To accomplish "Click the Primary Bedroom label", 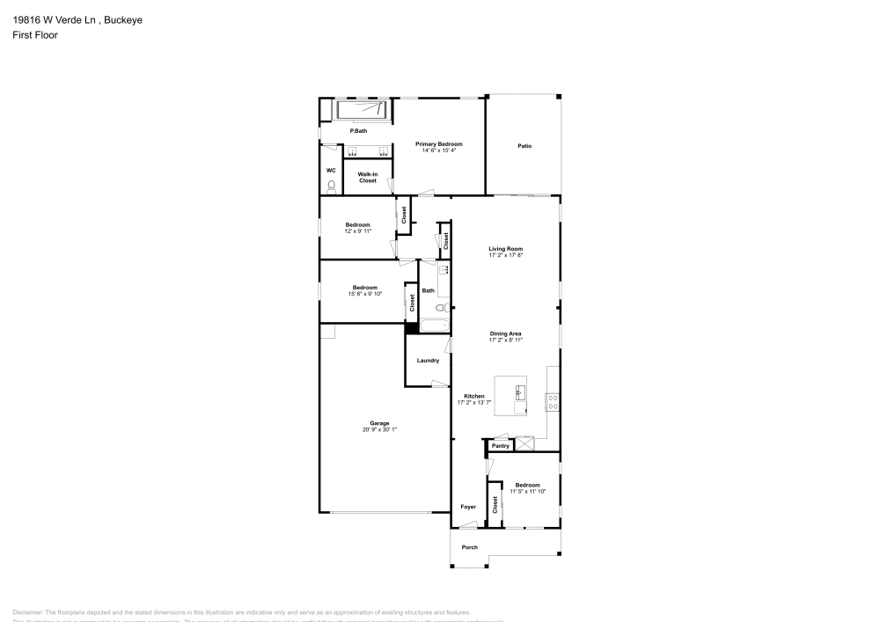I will tap(439, 143).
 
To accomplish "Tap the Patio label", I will tap(524, 146).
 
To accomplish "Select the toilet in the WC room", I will tap(331, 186).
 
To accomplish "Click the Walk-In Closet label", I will tap(368, 177).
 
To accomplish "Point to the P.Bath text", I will tap(358, 131).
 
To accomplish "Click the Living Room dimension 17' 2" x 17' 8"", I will tap(506, 255).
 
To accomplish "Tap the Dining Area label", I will tap(506, 333).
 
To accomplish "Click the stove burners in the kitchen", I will tap(553, 402).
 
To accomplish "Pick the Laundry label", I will tap(428, 360).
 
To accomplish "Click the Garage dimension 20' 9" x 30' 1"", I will tap(380, 429).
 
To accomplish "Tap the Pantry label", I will tap(501, 446).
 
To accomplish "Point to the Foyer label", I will tap(468, 507).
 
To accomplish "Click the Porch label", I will tap(471, 547).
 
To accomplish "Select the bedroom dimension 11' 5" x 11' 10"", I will tap(527, 491).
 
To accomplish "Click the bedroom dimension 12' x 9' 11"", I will tap(357, 231).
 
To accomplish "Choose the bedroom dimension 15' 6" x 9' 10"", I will tap(364, 293).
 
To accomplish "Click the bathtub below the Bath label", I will tap(436, 326).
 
